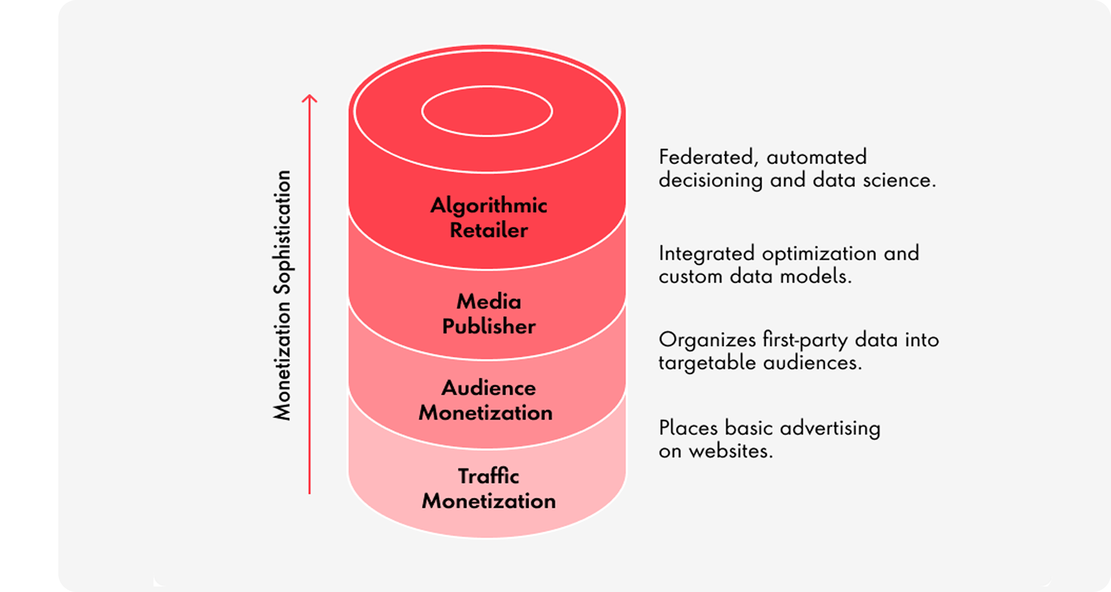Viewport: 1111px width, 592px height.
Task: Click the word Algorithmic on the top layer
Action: pos(488,206)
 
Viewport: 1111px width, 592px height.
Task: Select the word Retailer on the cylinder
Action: pos(488,230)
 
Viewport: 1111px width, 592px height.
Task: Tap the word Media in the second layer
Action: pos(489,301)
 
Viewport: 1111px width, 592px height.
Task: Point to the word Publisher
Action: pos(489,326)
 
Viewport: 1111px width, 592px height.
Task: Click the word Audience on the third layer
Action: pos(488,388)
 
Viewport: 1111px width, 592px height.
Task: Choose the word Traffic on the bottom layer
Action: pos(488,477)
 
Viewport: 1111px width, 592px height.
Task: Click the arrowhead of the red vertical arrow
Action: pos(309,98)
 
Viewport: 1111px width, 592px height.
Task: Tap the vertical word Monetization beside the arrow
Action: pos(282,360)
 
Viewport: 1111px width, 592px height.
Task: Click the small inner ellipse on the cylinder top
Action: pos(487,111)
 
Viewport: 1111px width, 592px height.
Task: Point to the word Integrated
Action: pos(706,253)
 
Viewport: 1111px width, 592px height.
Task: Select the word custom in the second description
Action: pos(690,276)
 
